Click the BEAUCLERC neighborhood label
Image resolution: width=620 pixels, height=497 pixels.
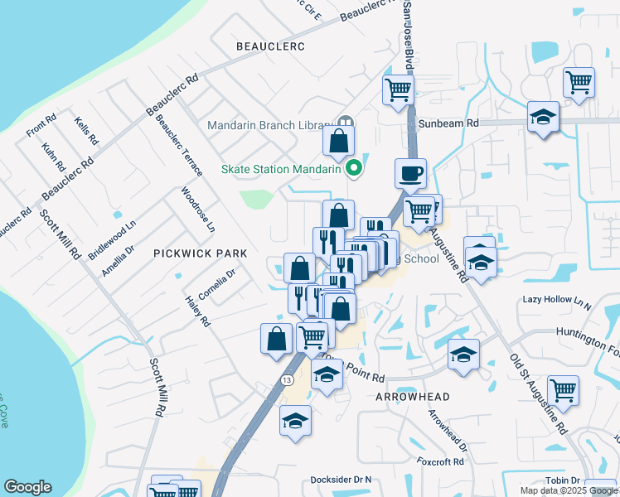(269, 46)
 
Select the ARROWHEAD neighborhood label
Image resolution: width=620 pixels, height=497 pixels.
(400, 397)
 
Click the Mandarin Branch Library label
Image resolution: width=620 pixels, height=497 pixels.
(269, 125)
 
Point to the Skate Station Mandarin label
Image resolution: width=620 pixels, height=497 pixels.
(282, 169)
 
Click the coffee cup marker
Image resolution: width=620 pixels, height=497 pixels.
(410, 174)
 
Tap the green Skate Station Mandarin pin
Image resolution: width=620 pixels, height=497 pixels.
(356, 168)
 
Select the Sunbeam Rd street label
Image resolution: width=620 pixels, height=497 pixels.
(449, 123)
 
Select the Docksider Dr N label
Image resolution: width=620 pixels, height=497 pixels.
(341, 480)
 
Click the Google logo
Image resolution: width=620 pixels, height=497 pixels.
(27, 487)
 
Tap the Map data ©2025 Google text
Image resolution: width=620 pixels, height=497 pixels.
(568, 490)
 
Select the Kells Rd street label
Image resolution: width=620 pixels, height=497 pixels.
(85, 130)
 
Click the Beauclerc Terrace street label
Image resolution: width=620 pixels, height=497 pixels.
(180, 145)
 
